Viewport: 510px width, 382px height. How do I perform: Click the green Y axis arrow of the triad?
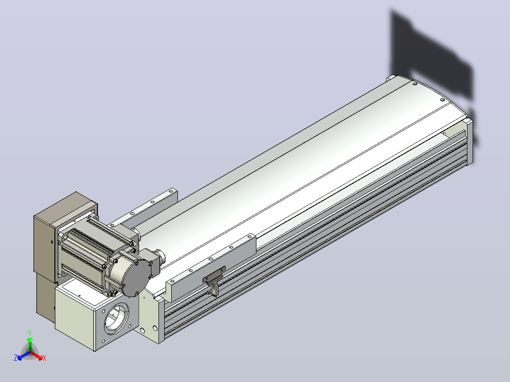click(x=30, y=344)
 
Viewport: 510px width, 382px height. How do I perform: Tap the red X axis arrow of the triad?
click(x=36, y=356)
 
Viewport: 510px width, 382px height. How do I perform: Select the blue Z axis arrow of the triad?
click(x=24, y=356)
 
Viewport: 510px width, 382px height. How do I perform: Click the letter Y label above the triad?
click(x=30, y=332)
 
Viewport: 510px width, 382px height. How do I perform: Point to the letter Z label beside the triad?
click(x=15, y=357)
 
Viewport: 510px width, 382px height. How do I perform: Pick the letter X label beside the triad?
click(x=44, y=358)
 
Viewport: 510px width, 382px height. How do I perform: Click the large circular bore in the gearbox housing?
click(x=116, y=319)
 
